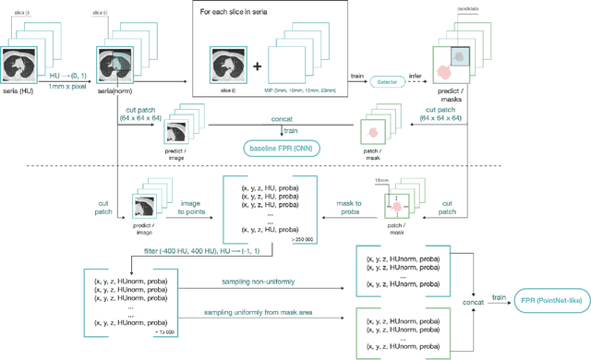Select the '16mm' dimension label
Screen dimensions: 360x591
(x=394, y=182)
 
